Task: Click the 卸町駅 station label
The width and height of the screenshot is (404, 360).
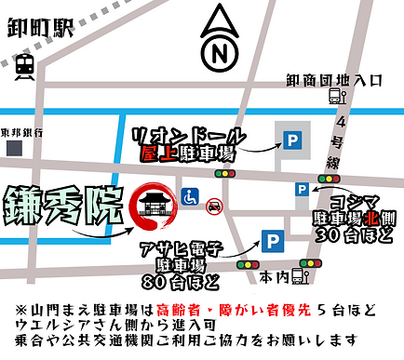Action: tap(39, 28)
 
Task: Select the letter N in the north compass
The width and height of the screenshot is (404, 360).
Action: tap(221, 53)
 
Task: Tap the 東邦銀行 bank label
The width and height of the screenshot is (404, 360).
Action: tap(24, 131)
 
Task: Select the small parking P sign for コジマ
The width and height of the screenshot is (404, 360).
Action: tap(302, 190)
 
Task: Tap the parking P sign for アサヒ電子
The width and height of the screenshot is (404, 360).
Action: tap(271, 241)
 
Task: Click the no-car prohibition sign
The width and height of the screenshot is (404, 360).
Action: tap(213, 204)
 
